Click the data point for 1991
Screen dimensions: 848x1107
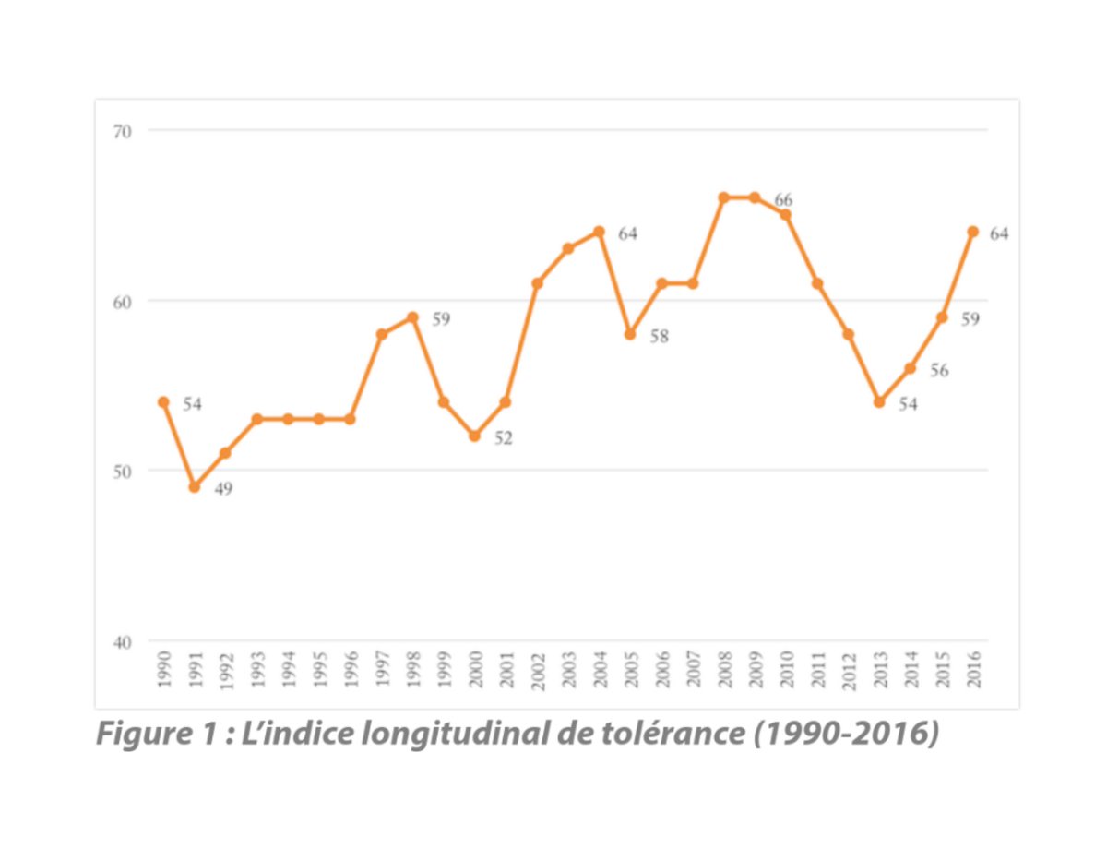pos(194,486)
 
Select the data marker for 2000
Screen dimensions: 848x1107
pos(474,436)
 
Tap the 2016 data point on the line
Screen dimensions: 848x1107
pos(972,232)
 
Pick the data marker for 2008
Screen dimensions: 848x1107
pos(723,197)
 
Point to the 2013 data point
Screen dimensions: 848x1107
pos(879,402)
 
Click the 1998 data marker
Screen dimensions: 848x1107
pos(412,317)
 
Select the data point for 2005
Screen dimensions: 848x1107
pos(630,334)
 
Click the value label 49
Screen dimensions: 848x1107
pos(223,489)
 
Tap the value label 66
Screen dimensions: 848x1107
pos(783,200)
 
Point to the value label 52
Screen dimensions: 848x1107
pos(503,438)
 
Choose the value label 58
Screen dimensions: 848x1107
pos(659,337)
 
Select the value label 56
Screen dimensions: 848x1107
pos(939,371)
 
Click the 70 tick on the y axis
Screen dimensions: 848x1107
pos(123,131)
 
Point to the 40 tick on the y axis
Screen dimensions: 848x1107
pos(123,641)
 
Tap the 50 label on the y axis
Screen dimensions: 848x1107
pos(123,471)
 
